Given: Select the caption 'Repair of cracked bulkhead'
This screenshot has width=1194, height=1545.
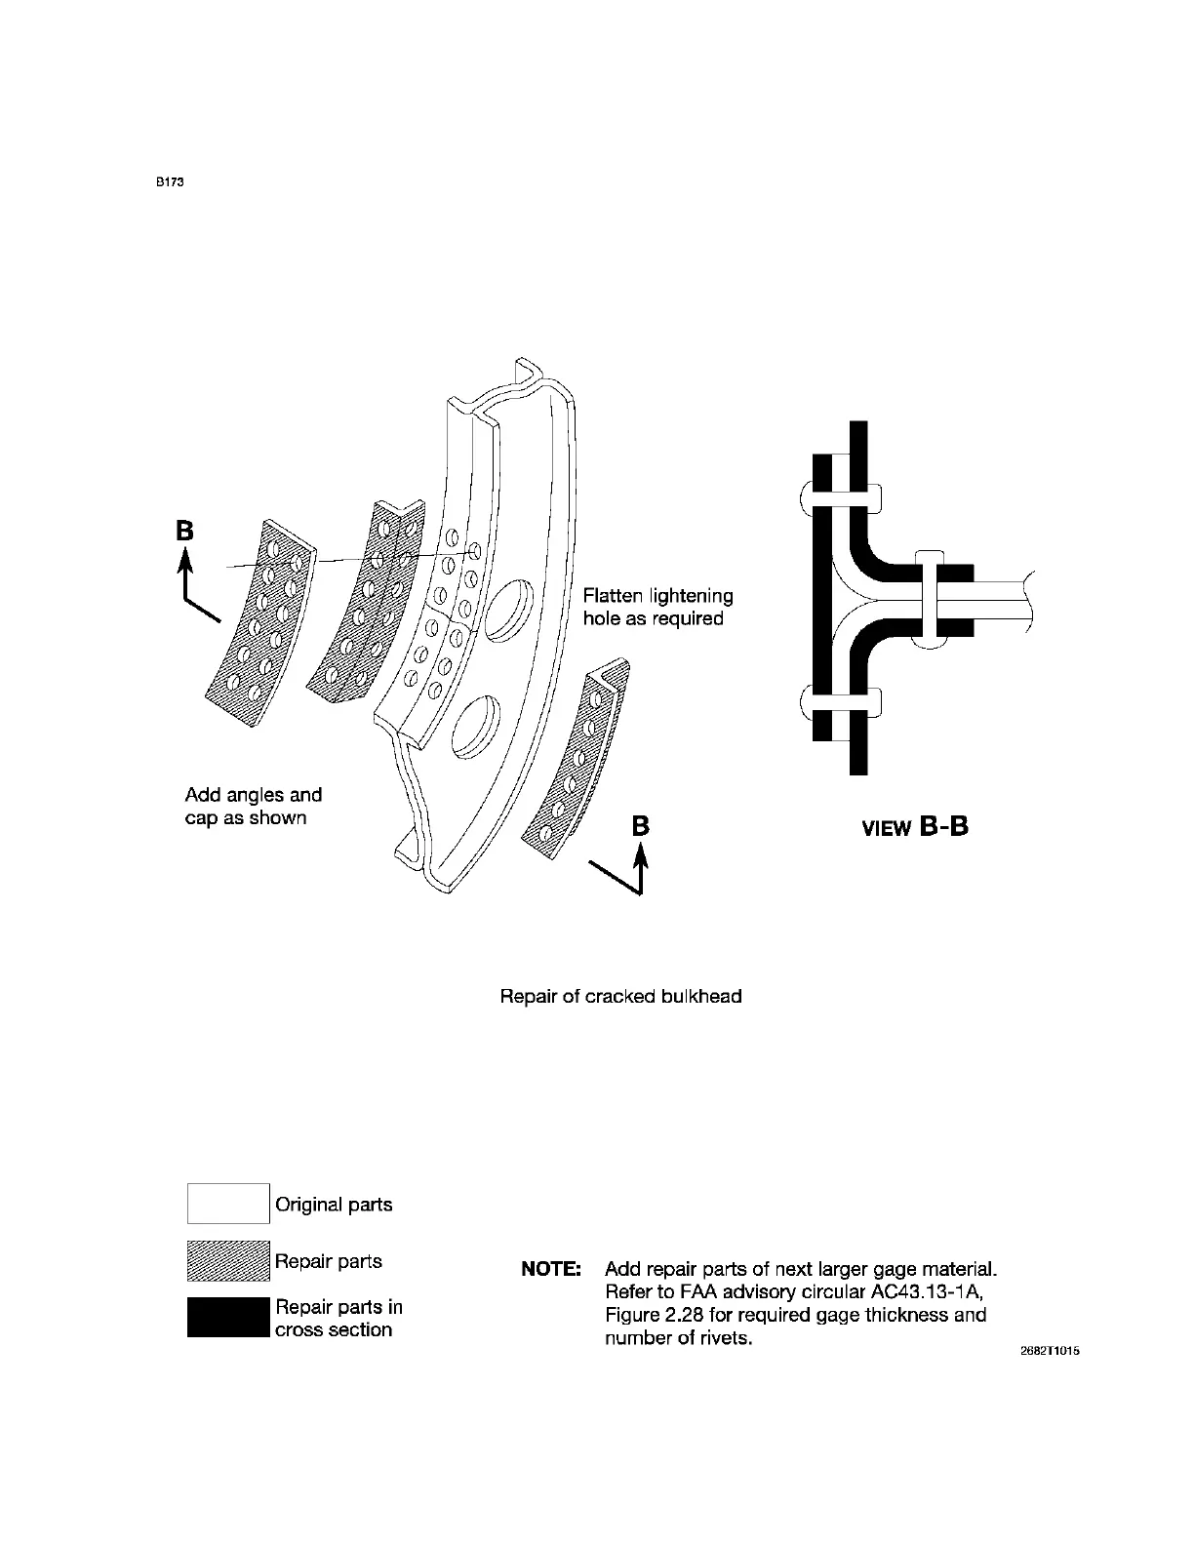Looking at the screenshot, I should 620,996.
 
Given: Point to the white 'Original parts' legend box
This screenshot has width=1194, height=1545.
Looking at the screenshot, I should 228,1203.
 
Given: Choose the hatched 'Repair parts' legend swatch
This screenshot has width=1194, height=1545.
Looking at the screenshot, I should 228,1260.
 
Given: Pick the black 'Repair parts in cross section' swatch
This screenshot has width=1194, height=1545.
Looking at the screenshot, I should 228,1317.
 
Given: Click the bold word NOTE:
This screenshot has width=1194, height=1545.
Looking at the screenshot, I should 552,1270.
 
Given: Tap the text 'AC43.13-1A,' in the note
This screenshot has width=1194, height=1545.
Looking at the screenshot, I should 926,1292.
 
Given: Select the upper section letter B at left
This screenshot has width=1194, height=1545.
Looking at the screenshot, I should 184,531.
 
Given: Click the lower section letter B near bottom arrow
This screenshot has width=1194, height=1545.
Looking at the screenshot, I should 640,826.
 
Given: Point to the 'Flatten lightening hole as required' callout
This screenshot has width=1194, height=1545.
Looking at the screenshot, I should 657,607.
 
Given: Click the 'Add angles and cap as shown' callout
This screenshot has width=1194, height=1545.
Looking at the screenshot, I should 254,807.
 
